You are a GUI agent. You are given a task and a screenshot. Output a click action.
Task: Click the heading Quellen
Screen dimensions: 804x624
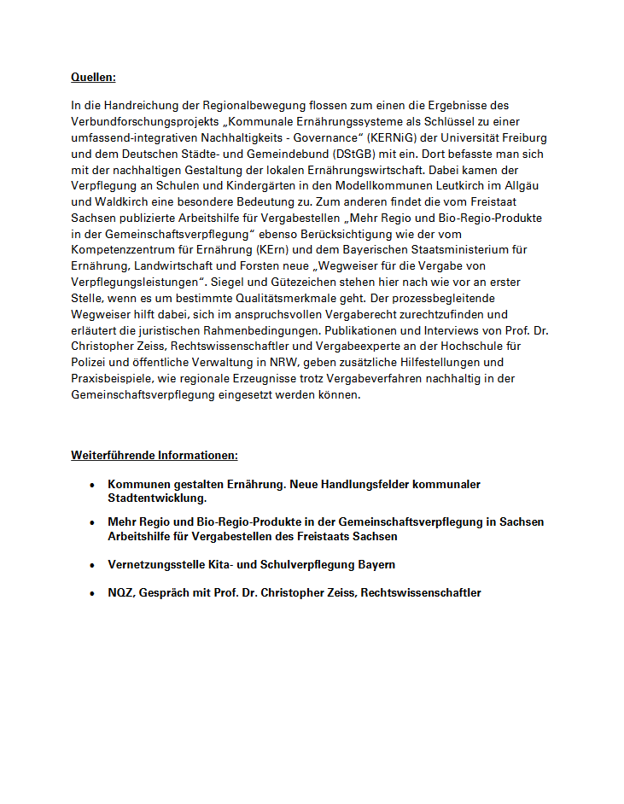point(93,78)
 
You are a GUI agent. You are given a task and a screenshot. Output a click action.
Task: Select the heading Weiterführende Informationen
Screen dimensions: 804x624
point(155,455)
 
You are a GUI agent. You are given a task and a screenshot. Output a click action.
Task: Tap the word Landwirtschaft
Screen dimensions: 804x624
point(172,266)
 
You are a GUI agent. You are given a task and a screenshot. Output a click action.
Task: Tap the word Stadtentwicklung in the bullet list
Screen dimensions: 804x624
point(157,498)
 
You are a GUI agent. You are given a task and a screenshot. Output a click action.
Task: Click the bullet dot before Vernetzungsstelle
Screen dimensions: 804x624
point(91,565)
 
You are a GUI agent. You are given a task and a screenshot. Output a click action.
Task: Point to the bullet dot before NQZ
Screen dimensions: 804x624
point(91,593)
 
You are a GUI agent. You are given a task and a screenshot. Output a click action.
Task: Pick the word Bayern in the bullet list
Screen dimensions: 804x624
point(373,565)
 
